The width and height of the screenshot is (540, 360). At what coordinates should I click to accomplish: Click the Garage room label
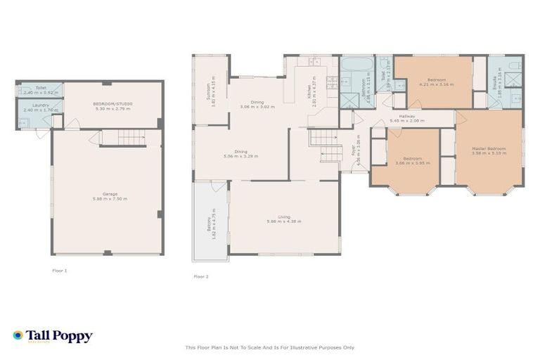(x=109, y=193)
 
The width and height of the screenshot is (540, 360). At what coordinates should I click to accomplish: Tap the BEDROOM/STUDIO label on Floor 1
(x=112, y=103)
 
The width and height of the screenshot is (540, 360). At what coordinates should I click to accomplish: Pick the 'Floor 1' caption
(x=60, y=270)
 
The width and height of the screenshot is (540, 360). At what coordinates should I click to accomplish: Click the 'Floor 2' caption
(x=201, y=276)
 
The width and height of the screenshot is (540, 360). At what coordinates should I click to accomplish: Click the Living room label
(x=283, y=217)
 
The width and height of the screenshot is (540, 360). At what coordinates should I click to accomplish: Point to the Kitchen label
(x=307, y=90)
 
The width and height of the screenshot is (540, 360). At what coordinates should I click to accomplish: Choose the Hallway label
(x=406, y=116)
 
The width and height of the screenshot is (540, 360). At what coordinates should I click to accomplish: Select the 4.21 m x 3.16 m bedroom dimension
(x=436, y=84)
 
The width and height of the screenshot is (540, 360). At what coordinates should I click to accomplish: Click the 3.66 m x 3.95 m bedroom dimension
(x=412, y=162)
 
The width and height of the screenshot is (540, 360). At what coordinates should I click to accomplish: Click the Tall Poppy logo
(x=53, y=336)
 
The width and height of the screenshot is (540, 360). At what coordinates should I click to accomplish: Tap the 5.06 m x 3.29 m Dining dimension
(x=240, y=155)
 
